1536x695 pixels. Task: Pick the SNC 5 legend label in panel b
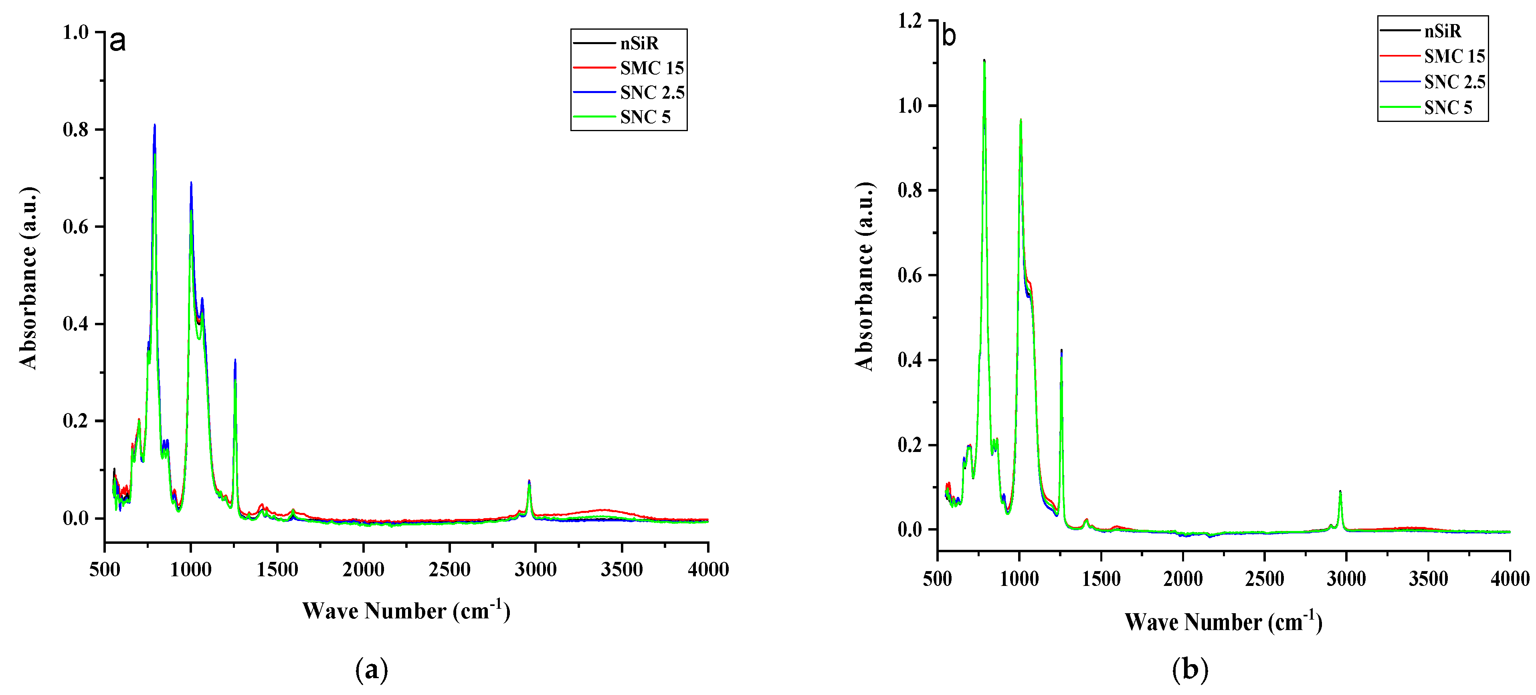tap(1448, 107)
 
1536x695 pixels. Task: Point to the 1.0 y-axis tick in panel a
tap(76, 32)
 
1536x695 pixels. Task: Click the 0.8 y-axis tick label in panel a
tap(76, 130)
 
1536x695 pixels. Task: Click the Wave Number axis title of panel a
tap(406, 610)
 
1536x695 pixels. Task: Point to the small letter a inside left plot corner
tap(117, 41)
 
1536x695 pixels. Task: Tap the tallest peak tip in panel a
tap(154, 125)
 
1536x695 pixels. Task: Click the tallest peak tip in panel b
tap(984, 60)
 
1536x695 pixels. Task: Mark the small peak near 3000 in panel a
tap(529, 481)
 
